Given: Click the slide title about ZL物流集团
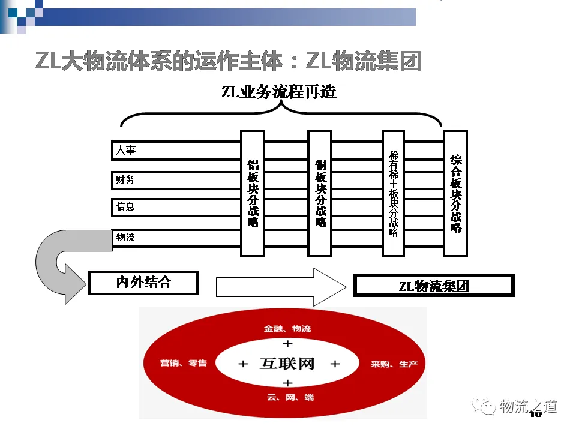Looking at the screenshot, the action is [228, 62].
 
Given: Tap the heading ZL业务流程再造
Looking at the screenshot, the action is [278, 92].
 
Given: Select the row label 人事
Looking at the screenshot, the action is [126, 150].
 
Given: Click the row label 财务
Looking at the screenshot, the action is [125, 179].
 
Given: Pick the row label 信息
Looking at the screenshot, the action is [125, 207].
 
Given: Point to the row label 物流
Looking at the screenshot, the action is [125, 237].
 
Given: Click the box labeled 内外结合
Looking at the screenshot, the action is [143, 282].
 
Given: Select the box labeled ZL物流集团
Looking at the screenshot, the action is [433, 286].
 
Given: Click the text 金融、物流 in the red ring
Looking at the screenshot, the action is [287, 329].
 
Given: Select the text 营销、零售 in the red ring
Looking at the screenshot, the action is [183, 364].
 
